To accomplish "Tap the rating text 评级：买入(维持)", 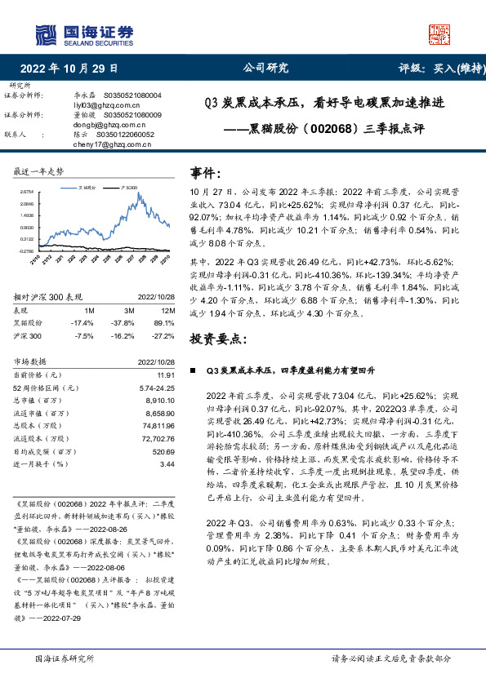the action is pyautogui.click(x=437, y=69).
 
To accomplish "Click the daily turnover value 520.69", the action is pyautogui.click(x=164, y=450).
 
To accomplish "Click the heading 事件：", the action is pyautogui.click(x=205, y=173).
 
